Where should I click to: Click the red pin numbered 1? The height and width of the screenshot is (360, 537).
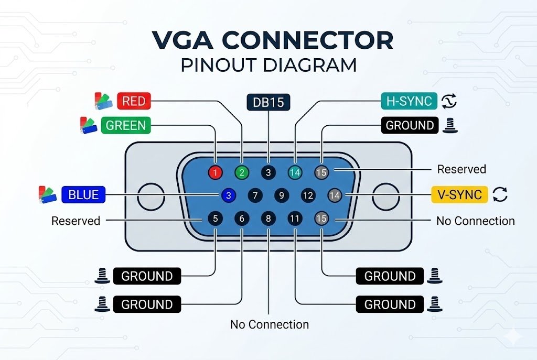tap(216, 172)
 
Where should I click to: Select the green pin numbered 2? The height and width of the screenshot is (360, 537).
tap(242, 172)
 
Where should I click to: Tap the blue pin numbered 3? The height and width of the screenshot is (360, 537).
tap(228, 195)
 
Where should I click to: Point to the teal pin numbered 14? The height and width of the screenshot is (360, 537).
tap(295, 172)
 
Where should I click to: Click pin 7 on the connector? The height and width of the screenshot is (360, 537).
tap(255, 195)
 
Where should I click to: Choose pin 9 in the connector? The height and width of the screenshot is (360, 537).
tap(282, 195)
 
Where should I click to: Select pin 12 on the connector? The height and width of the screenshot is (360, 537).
tap(308, 195)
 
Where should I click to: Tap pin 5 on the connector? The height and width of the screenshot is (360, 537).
tap(215, 219)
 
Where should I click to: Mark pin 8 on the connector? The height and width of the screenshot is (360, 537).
tap(268, 219)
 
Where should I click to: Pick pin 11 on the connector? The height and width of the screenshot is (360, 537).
tap(295, 219)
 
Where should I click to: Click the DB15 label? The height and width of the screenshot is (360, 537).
tap(268, 103)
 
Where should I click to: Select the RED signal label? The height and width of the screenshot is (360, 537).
tap(133, 101)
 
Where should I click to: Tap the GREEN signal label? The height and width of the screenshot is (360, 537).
tap(125, 126)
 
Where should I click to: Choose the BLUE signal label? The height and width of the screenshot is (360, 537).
tap(83, 195)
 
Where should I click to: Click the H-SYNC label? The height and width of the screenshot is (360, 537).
tap(408, 101)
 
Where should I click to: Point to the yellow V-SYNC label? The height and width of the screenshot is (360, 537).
tap(459, 195)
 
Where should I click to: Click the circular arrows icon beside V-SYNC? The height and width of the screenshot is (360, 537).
tap(500, 195)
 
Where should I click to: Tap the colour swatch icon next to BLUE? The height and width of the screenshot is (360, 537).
tap(48, 194)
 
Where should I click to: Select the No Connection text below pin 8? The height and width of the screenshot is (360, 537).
tap(269, 324)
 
